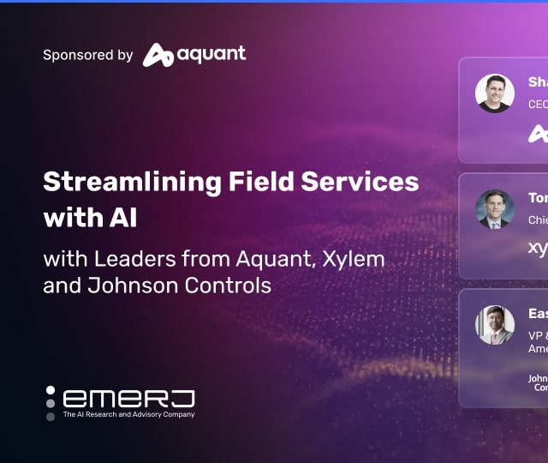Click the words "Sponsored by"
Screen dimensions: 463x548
pyautogui.click(x=88, y=55)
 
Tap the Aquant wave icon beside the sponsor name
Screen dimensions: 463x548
pyautogui.click(x=158, y=55)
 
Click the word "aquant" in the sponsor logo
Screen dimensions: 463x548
pyautogui.click(x=211, y=54)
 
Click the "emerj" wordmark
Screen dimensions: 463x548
pyautogui.click(x=129, y=398)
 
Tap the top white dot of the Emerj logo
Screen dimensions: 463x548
pyautogui.click(x=51, y=391)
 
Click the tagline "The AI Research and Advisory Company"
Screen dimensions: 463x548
pyautogui.click(x=129, y=415)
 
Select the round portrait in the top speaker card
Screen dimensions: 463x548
pyautogui.click(x=495, y=93)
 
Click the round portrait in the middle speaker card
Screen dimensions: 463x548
pyautogui.click(x=495, y=209)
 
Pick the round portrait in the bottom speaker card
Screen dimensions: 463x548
pyautogui.click(x=495, y=325)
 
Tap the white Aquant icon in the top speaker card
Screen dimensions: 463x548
pyautogui.click(x=538, y=133)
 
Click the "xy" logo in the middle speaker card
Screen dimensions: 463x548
pyautogui.click(x=538, y=249)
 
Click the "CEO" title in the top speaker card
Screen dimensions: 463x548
pyautogui.click(x=538, y=105)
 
